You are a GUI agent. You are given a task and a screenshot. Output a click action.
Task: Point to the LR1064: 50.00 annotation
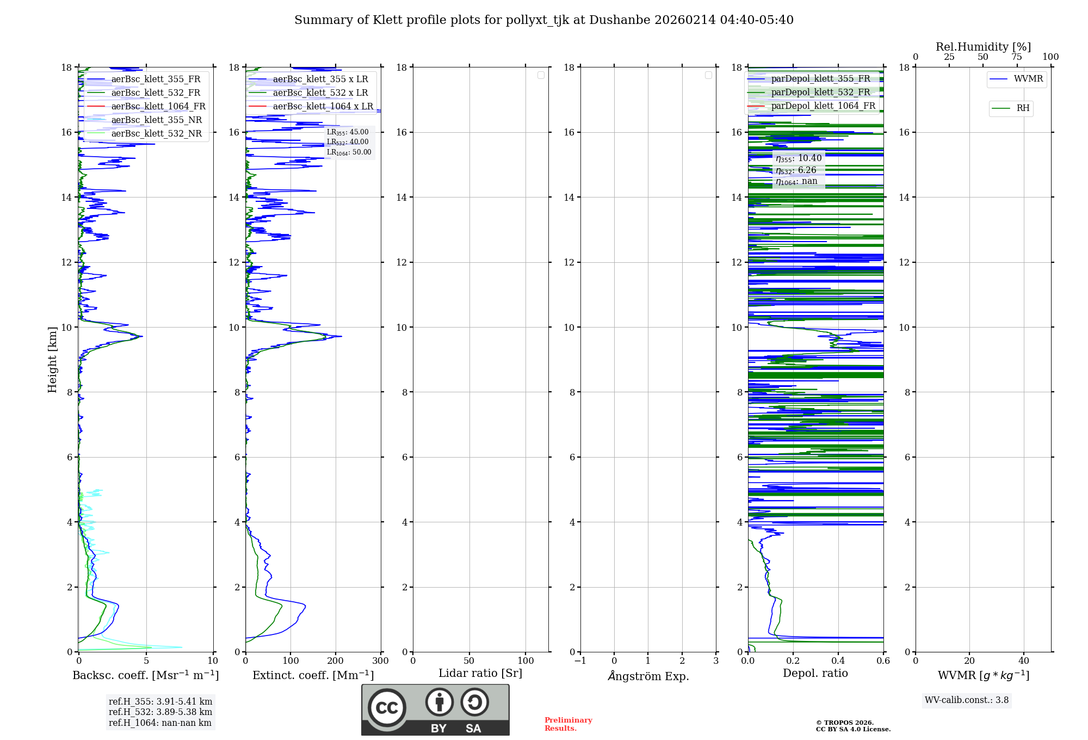click(x=349, y=152)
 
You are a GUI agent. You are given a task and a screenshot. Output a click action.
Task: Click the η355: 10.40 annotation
click(x=799, y=158)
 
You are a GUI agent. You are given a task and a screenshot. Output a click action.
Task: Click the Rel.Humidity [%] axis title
click(x=983, y=47)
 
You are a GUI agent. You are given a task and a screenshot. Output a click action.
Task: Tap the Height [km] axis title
click(x=52, y=360)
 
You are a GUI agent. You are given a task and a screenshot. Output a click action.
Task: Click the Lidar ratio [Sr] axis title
click(x=480, y=674)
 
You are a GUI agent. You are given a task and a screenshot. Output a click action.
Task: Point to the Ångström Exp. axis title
click(x=648, y=676)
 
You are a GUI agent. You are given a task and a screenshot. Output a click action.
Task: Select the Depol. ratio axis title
click(x=815, y=674)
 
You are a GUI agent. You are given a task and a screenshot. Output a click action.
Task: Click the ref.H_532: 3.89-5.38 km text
click(x=160, y=712)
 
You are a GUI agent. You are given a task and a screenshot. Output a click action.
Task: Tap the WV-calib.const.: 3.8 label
click(x=967, y=700)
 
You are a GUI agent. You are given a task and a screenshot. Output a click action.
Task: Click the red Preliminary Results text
click(x=568, y=724)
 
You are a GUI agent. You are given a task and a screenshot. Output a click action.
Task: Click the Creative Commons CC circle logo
click(x=387, y=708)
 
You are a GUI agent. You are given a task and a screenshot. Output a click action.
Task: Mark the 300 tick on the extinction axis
click(x=381, y=661)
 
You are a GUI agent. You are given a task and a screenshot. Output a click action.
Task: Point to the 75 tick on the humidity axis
click(x=1016, y=57)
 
